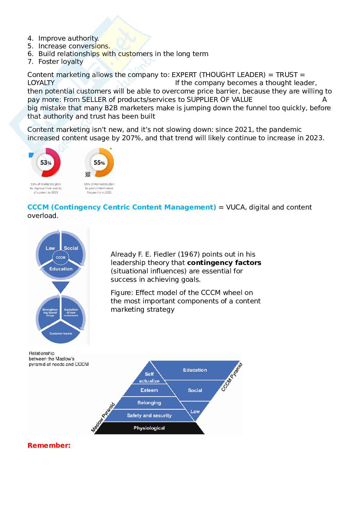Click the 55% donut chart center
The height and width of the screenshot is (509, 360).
(99, 163)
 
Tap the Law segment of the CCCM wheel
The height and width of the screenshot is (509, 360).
(50, 248)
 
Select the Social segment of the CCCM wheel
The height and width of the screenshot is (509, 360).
(71, 248)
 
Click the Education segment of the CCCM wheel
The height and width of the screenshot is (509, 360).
(61, 269)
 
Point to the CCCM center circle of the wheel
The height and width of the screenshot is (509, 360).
(61, 257)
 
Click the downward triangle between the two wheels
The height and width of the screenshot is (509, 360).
(61, 286)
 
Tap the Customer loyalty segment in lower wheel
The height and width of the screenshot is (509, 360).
(61, 333)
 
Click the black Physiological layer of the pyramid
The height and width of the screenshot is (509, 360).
(149, 428)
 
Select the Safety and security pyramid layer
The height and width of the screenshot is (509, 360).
(149, 416)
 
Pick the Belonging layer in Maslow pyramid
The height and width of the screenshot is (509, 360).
(149, 403)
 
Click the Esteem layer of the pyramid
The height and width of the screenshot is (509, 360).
(149, 390)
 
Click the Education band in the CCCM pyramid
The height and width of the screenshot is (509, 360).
(195, 370)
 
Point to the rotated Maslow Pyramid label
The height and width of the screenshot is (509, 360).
(103, 417)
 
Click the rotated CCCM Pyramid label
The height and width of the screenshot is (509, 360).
(232, 377)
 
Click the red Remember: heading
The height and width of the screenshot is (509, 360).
(49, 445)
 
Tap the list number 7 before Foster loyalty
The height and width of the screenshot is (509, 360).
(30, 62)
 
